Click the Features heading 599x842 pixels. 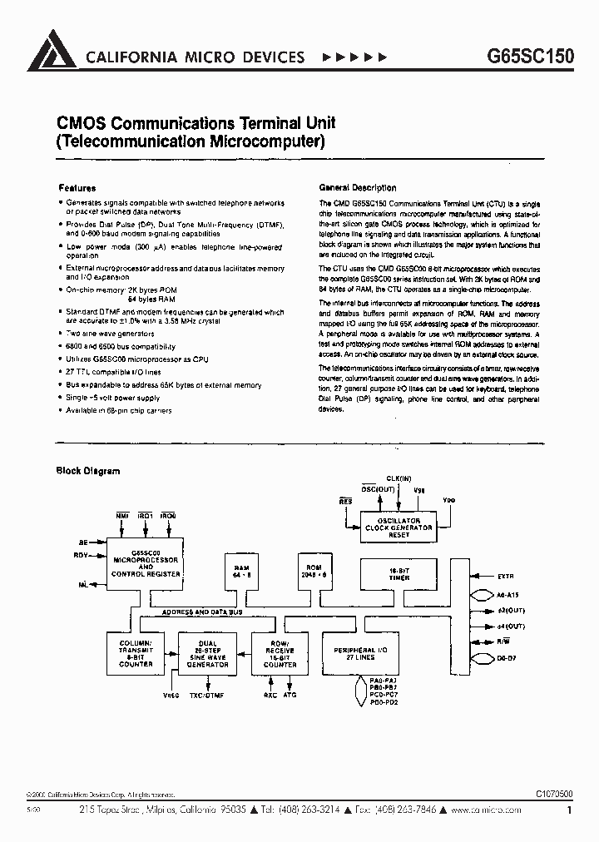coord(77,188)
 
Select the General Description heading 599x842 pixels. coord(358,188)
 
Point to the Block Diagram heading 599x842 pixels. coord(87,471)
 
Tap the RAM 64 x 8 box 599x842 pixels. coord(241,572)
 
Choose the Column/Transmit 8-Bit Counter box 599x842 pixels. coord(135,654)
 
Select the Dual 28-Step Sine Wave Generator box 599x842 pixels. coord(208,654)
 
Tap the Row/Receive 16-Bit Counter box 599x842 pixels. coord(280,654)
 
